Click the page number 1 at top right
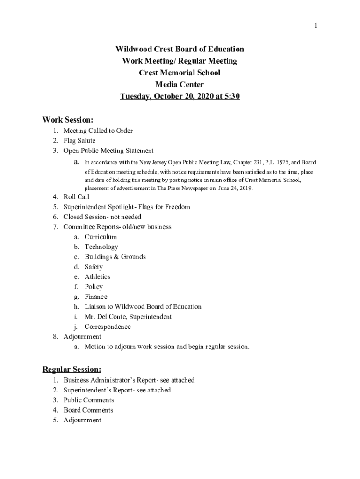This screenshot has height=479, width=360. tap(316, 26)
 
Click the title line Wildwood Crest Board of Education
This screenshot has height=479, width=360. tap(180, 49)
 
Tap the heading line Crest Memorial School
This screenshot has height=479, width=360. tap(180, 73)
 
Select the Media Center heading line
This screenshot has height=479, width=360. tap(180, 85)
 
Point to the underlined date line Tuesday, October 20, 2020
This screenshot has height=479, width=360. tap(180, 97)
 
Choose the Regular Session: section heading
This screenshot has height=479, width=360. tap(72, 370)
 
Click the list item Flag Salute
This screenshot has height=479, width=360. tap(79, 141)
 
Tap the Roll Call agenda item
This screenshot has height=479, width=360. tap(76, 197)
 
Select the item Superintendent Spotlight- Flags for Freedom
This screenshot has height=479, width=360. tap(127, 207)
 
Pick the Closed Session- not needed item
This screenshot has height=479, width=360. tap(102, 217)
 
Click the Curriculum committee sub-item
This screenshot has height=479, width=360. tap(101, 237)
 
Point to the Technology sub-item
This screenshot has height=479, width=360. tap(101, 247)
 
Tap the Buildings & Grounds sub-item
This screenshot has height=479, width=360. tap(115, 257)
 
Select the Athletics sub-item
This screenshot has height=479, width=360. tap(97, 277)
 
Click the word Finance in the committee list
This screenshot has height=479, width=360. tap(96, 297)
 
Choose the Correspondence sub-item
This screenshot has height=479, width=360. tap(108, 327)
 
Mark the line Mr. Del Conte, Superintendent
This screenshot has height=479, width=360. tap(128, 317)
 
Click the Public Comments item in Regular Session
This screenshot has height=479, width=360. tap(88, 400)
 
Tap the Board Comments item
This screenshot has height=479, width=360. tap(88, 410)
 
